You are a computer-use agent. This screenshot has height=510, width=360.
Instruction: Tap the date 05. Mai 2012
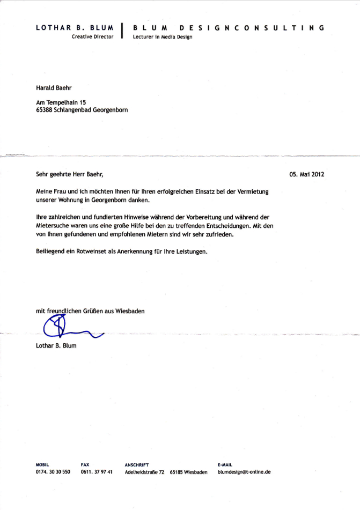(x=307, y=174)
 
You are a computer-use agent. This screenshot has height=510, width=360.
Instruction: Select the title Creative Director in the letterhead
(x=92, y=37)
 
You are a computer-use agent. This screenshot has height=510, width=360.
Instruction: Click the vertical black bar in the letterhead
(x=123, y=31)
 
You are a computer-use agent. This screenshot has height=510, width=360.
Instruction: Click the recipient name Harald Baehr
(x=54, y=87)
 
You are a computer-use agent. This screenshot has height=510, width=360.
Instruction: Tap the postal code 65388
(x=45, y=109)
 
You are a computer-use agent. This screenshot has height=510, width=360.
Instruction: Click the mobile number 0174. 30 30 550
(x=53, y=472)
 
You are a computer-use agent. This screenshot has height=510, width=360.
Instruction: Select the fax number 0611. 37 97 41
(x=97, y=472)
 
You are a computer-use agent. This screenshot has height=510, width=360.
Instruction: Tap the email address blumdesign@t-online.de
(x=244, y=472)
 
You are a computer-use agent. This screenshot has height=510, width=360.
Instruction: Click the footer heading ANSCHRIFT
(x=136, y=464)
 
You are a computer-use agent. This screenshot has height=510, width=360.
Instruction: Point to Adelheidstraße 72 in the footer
(x=144, y=472)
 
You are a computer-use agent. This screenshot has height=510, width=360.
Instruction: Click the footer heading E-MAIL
(x=225, y=464)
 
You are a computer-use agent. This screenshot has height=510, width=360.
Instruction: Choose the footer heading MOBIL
(x=42, y=464)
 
